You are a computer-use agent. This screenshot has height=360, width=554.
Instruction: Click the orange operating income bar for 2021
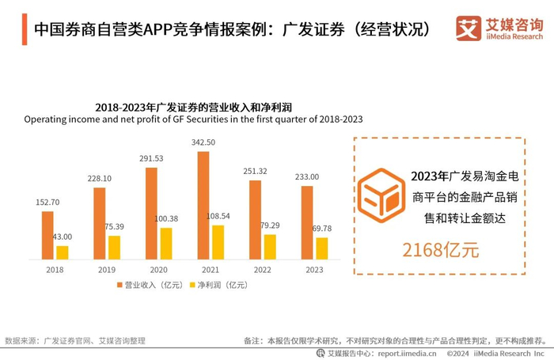(203, 205)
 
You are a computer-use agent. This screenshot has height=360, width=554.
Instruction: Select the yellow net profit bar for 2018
(63, 252)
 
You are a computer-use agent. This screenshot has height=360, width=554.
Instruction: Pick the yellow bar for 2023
(321, 248)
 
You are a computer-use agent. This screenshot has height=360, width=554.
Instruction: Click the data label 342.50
(204, 142)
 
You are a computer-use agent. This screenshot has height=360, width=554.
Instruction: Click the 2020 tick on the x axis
(158, 270)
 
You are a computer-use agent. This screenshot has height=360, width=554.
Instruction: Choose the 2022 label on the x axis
(261, 270)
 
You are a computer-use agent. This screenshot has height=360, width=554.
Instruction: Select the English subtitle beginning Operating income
(193, 120)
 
